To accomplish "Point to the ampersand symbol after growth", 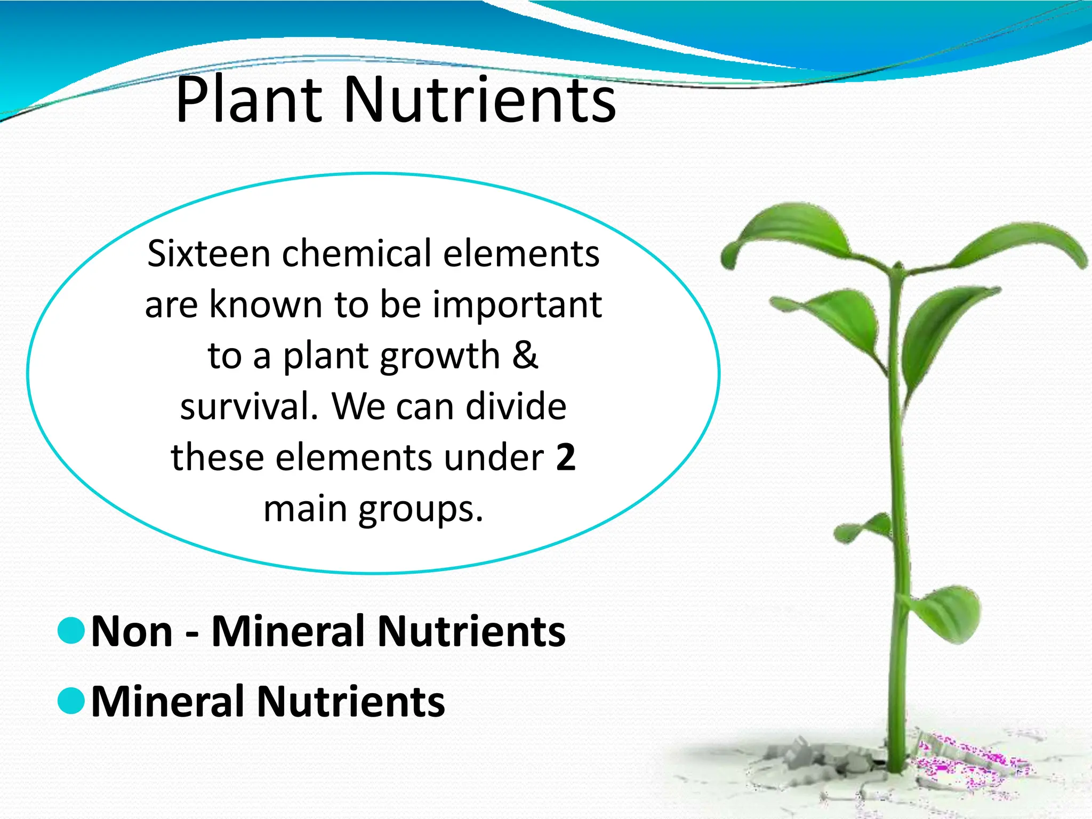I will coord(525,355).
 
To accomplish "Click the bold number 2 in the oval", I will coord(566,457).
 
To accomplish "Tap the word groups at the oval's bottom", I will coord(421,509).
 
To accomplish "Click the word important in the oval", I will coord(517,304).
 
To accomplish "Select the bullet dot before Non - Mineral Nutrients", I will coord(71,631).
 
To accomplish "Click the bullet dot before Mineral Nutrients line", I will coord(71,701).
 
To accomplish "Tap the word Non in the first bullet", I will coord(132,631).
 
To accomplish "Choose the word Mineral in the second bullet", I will coord(168,702).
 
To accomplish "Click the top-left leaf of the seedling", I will coord(789,229).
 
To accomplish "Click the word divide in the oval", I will coord(516,406).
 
